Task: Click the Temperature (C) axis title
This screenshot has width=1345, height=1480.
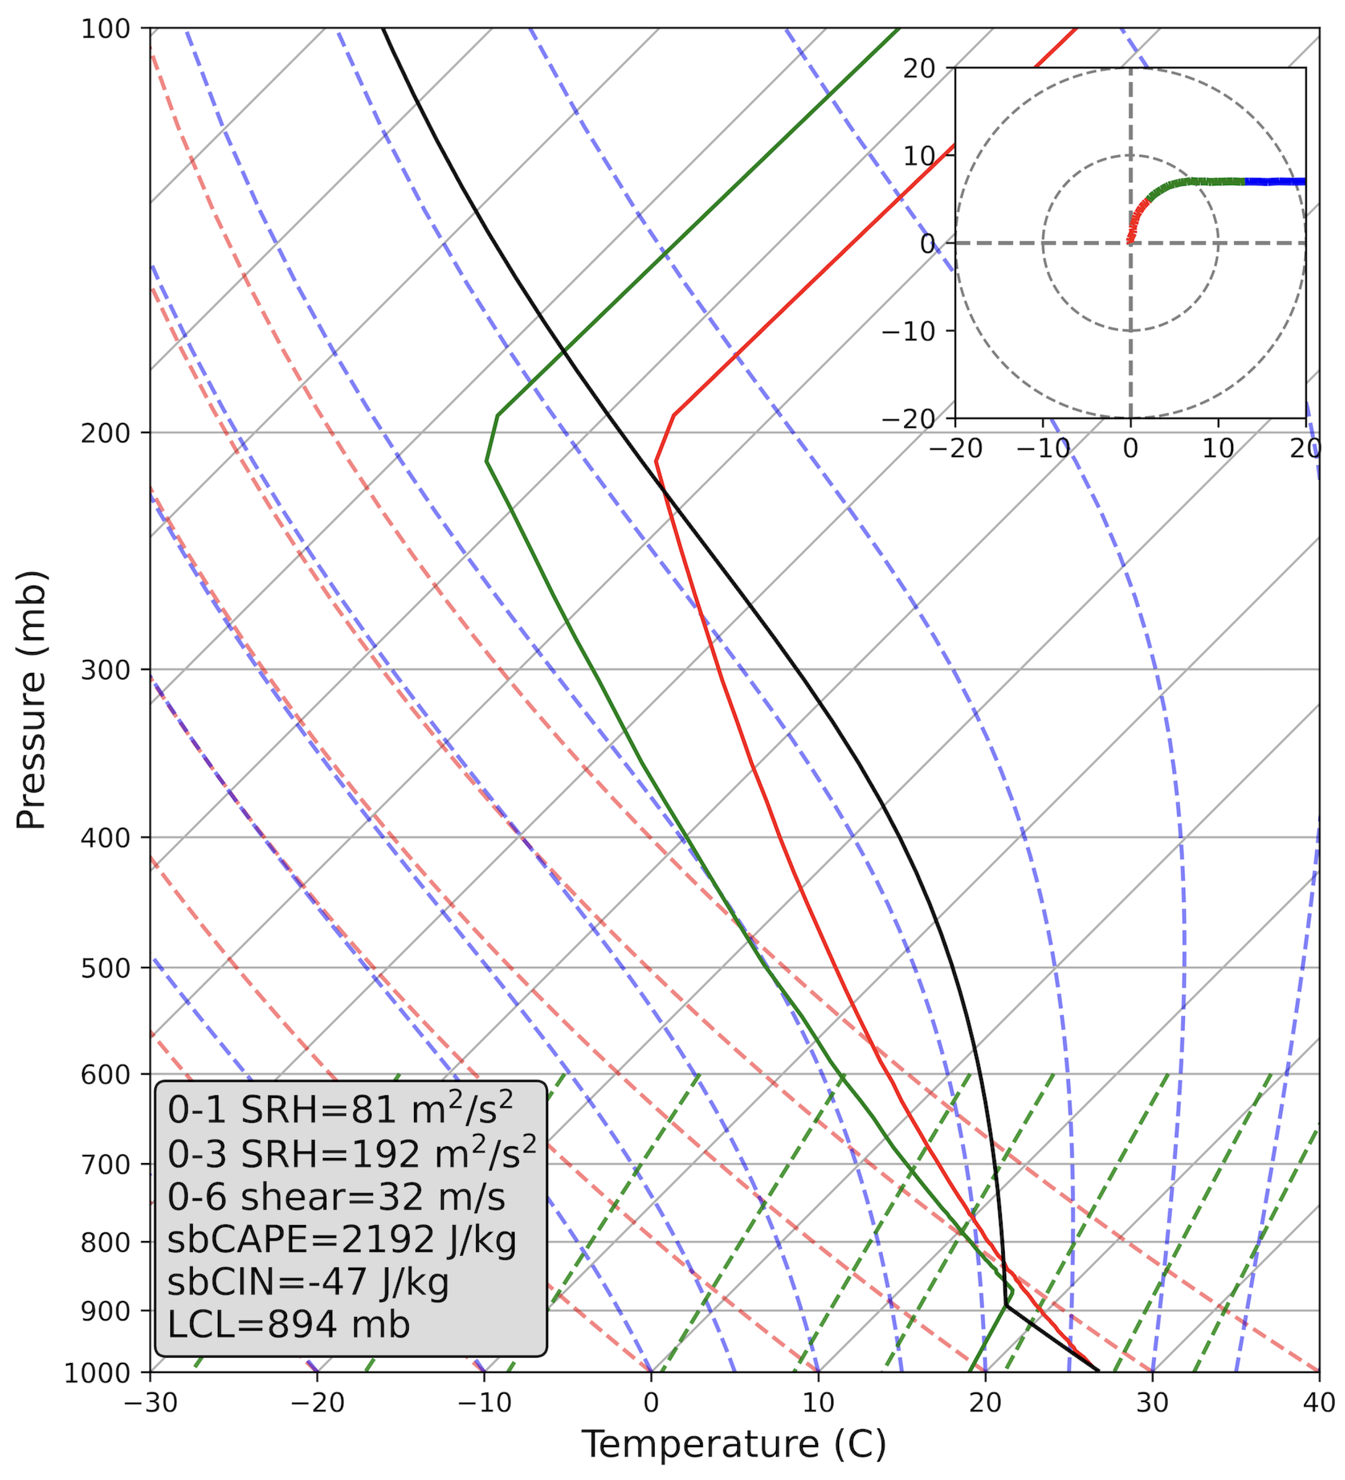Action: [x=734, y=1445]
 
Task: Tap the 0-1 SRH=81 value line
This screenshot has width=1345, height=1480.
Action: [x=339, y=1109]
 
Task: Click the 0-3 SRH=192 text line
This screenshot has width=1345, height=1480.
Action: [x=351, y=1154]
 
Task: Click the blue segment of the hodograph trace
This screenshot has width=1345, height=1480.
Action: [x=1276, y=182]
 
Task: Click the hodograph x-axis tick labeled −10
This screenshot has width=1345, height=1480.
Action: [x=1043, y=449]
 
